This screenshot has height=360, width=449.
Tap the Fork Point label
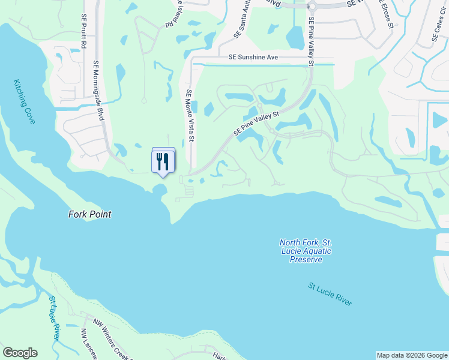click(89, 214)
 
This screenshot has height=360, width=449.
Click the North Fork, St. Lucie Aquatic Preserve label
click(306, 251)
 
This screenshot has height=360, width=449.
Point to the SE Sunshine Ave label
click(253, 58)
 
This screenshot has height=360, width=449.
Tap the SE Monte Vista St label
click(190, 115)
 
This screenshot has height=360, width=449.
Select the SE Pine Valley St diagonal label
click(257, 123)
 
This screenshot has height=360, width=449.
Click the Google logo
click(20, 353)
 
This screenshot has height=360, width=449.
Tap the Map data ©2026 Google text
click(412, 355)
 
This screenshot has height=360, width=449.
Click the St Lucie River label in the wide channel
click(330, 295)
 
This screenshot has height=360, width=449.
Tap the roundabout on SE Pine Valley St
click(312, 7)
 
